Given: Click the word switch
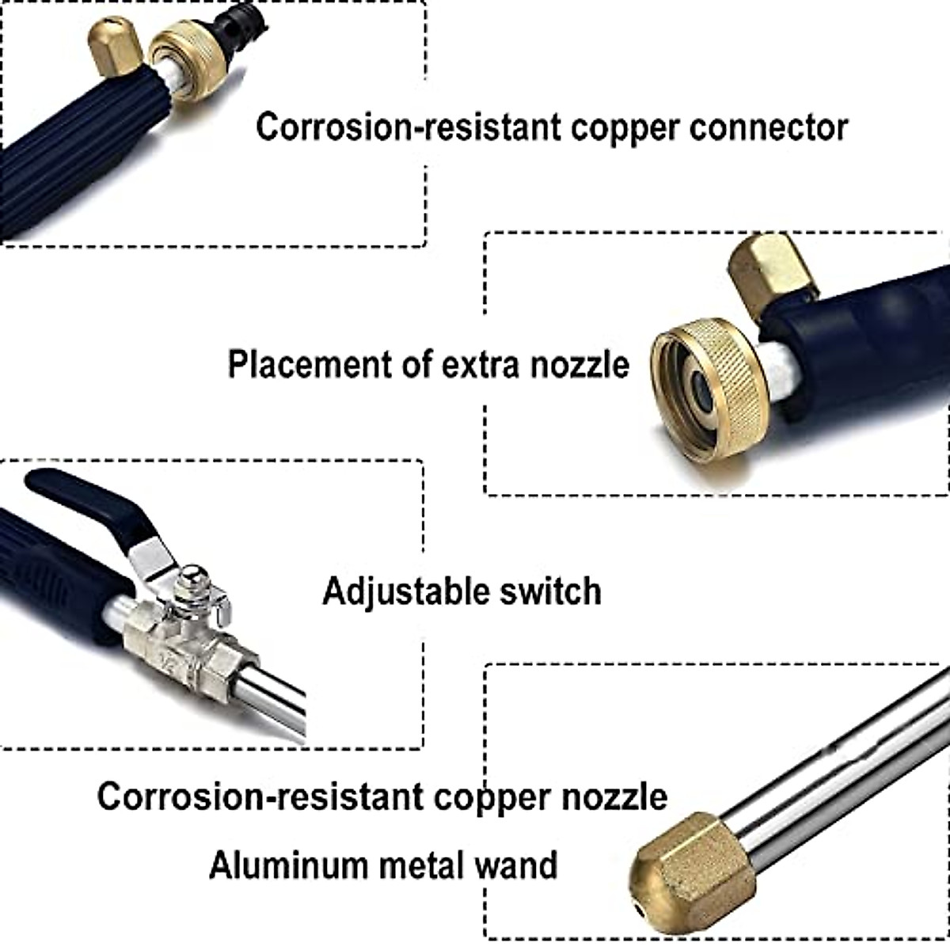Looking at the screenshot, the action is point(553,591).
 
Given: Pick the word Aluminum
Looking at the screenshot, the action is point(289,864).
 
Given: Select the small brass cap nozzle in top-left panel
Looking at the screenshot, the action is point(115,47).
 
